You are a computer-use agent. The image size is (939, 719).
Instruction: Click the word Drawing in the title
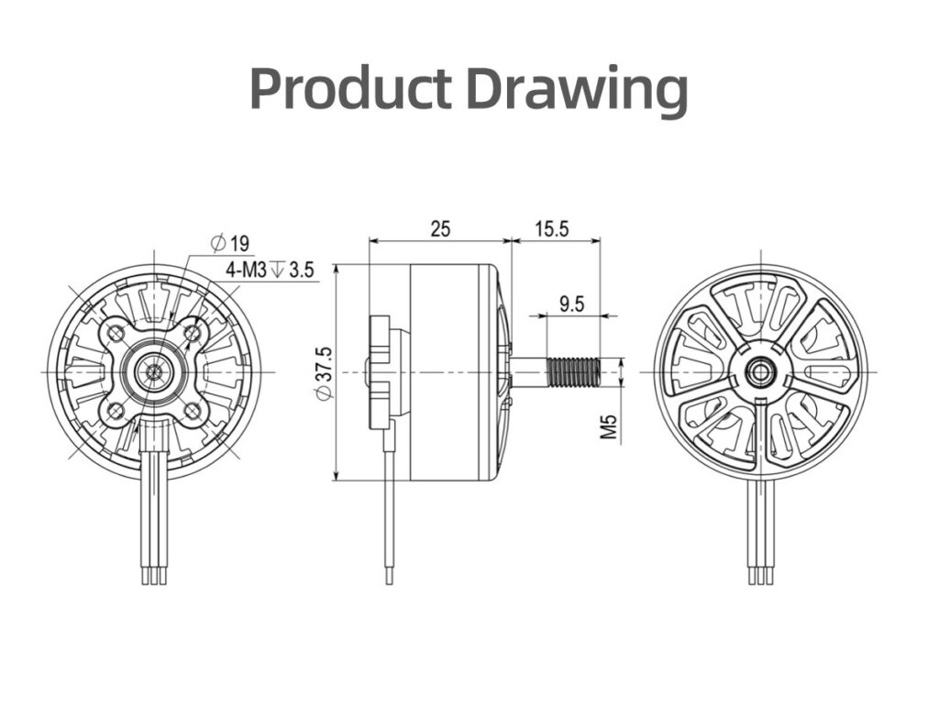[578, 91]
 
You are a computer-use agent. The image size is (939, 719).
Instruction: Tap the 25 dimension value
[440, 228]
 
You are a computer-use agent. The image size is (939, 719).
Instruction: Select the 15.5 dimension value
[552, 228]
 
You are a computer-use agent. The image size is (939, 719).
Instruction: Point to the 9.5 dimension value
[571, 304]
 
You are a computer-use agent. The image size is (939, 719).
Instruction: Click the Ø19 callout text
[230, 243]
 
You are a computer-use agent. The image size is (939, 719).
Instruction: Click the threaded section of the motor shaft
[573, 372]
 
